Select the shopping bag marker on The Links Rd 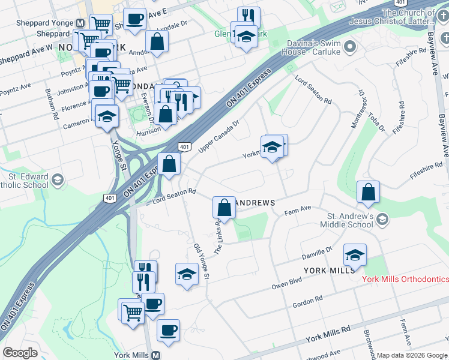click(x=224, y=208)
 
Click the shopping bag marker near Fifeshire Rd click(x=369, y=191)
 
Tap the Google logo click(x=20, y=353)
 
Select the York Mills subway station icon click(x=156, y=355)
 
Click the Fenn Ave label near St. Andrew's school click(x=297, y=209)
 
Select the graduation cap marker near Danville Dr click(x=355, y=255)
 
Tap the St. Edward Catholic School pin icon click(x=58, y=179)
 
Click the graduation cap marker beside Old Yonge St click(x=187, y=274)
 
